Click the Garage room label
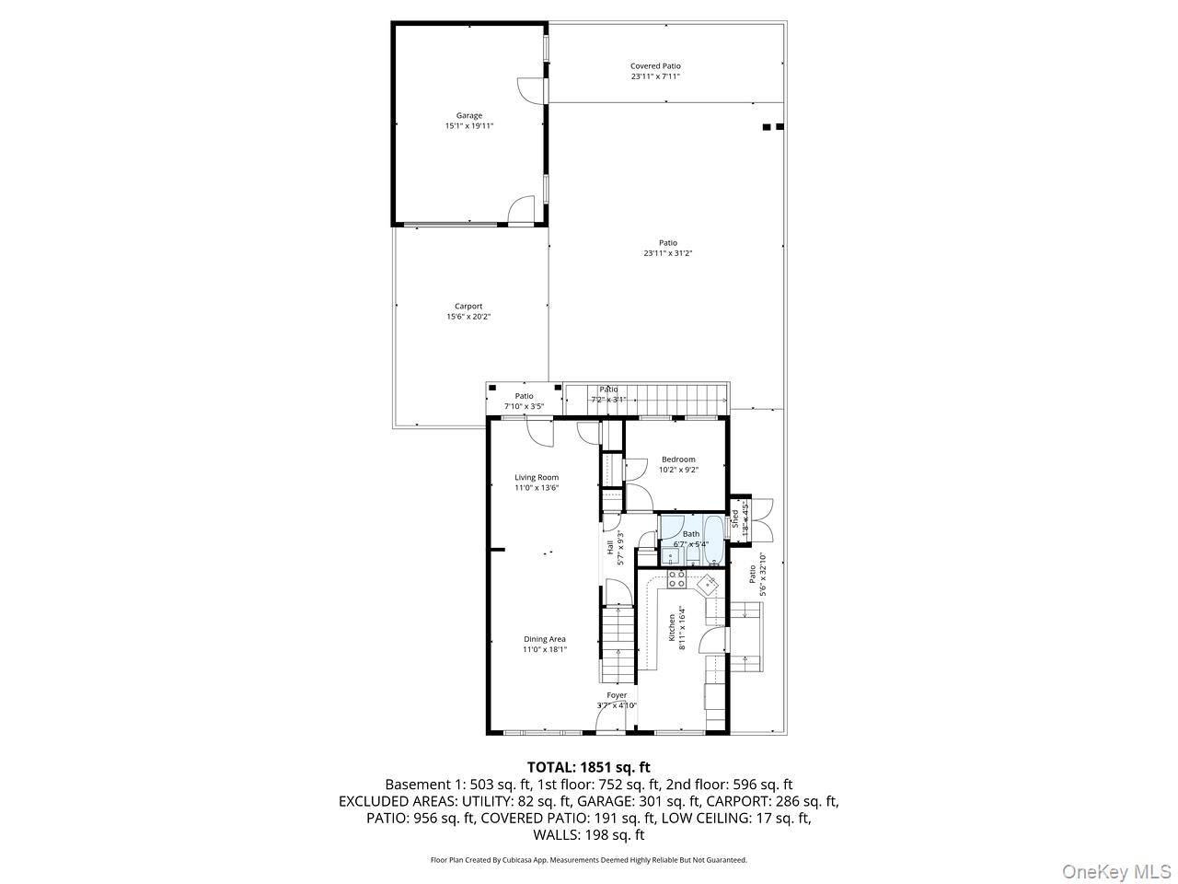coord(469,116)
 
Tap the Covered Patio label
coord(655,66)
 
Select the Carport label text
coord(468,307)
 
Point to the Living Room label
coord(537,477)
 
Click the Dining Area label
coord(545,639)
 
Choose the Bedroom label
coord(678,459)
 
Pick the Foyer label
coord(617,695)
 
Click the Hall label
coord(610,547)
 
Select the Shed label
coord(735,518)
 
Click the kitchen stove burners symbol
coord(676,578)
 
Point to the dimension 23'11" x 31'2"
coord(667,253)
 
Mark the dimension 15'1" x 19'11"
coord(469,126)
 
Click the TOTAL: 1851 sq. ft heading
coord(588,766)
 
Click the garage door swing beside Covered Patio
coord(531,90)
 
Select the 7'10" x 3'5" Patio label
coord(524,406)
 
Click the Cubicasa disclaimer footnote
coord(588,860)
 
